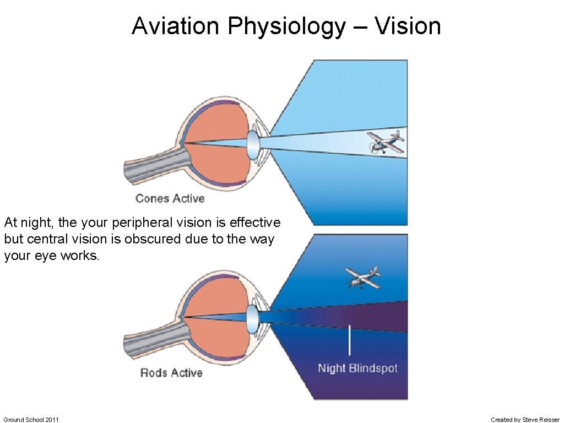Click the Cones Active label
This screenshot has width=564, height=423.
170,198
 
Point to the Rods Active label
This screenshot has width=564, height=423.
171,373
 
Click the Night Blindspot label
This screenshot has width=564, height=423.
357,368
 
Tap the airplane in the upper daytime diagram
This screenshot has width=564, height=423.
385,142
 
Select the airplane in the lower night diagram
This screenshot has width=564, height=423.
362,276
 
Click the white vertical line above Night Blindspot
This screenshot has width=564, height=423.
349,340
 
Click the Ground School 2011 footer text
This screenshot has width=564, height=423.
31,420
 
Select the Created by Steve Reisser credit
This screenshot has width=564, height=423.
525,420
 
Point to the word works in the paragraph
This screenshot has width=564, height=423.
81,256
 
